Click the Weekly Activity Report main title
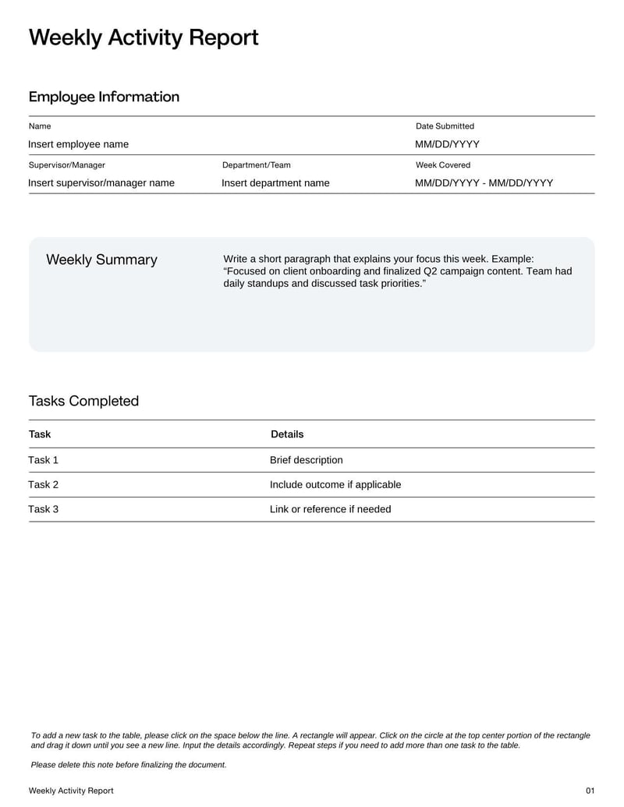(x=144, y=37)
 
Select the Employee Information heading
(x=104, y=97)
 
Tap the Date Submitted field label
(x=445, y=126)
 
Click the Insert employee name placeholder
(x=78, y=144)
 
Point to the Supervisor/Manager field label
(x=66, y=165)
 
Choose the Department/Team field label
(x=256, y=165)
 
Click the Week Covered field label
(x=443, y=165)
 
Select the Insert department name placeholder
(x=275, y=183)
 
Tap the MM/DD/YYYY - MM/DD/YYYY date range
(x=484, y=183)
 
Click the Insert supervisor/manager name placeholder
(x=101, y=183)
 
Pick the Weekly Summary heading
(x=101, y=260)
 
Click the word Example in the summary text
(x=512, y=259)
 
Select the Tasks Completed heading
(x=83, y=401)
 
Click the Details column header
(x=287, y=434)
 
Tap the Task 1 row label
(x=43, y=460)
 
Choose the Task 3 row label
(x=43, y=509)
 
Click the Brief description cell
(x=306, y=460)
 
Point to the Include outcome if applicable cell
(x=335, y=485)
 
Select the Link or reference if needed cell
(x=330, y=509)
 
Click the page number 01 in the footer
(x=590, y=791)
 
